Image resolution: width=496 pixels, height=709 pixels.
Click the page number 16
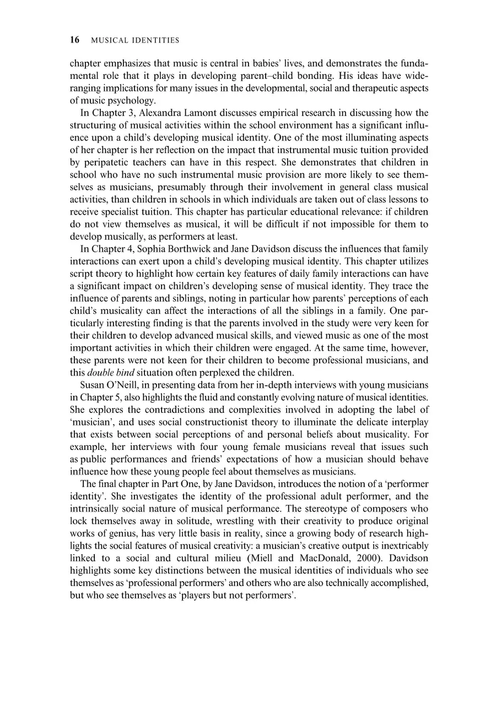point(75,40)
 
